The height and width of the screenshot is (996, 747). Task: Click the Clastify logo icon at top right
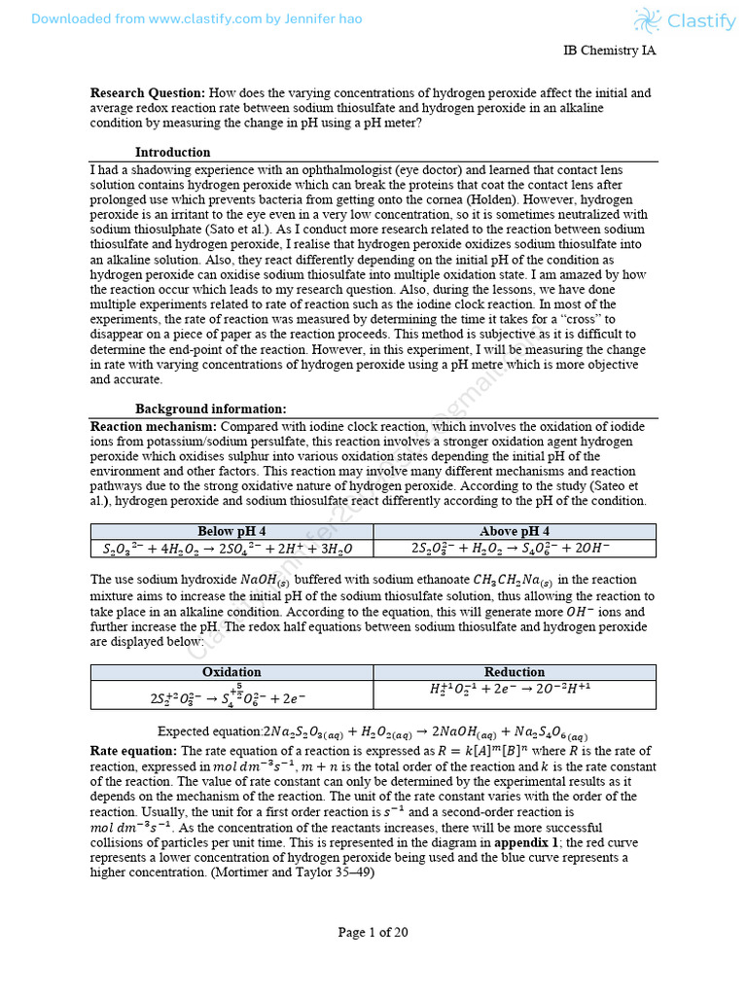(x=647, y=20)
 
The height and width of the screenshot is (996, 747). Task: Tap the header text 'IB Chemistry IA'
(x=610, y=51)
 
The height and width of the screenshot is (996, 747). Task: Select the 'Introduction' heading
(x=172, y=152)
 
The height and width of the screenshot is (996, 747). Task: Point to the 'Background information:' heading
(x=210, y=409)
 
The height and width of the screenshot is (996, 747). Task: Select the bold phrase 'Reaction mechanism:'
(x=154, y=426)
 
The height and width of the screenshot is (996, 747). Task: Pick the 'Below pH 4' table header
(x=231, y=531)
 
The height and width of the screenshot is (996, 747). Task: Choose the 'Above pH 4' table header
(x=514, y=531)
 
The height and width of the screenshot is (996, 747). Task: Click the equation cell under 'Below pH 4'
(x=231, y=549)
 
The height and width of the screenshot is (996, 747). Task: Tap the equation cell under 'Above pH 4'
(x=514, y=549)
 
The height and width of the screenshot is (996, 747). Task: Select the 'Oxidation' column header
(x=231, y=672)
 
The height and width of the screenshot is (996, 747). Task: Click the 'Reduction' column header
(x=514, y=672)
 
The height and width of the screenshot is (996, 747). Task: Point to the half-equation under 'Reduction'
(x=514, y=689)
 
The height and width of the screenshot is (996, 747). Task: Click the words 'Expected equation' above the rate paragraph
(x=209, y=731)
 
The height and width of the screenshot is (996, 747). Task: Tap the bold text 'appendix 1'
(x=526, y=843)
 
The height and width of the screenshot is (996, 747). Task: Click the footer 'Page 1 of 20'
(x=373, y=932)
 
